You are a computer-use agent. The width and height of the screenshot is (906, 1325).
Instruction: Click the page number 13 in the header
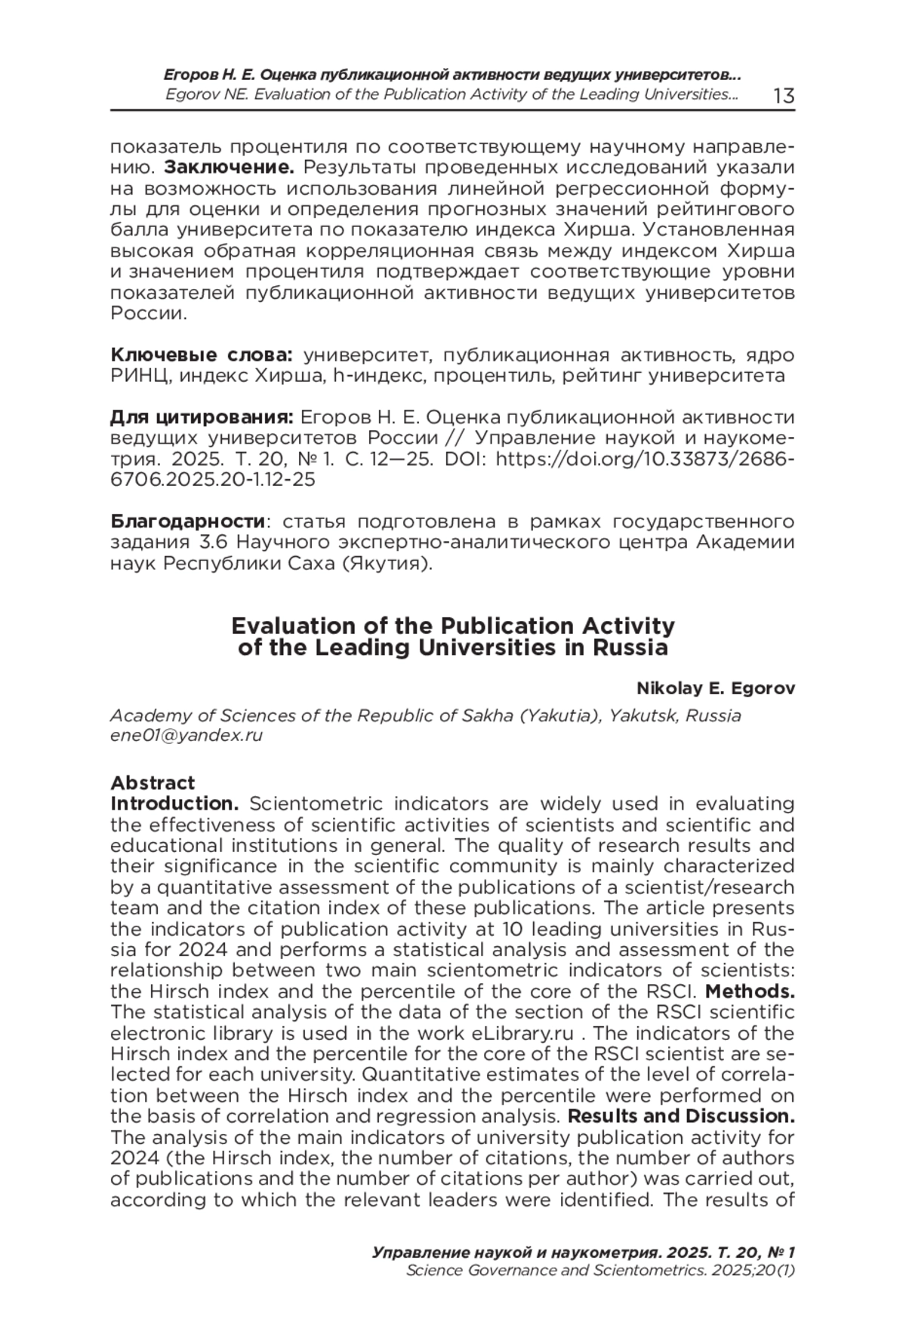784,96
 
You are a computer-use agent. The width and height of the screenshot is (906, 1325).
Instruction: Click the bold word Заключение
229,167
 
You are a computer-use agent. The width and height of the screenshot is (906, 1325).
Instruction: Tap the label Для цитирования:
202,417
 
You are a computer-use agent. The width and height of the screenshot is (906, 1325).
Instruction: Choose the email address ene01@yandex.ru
186,735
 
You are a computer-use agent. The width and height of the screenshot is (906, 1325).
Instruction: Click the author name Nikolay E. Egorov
716,688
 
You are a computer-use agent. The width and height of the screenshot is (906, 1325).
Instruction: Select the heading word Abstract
153,782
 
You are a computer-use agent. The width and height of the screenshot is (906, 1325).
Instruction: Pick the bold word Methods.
750,990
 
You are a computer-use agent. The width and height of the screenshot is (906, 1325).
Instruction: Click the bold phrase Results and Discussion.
681,1115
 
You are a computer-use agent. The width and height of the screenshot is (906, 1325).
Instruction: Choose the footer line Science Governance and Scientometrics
600,1270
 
